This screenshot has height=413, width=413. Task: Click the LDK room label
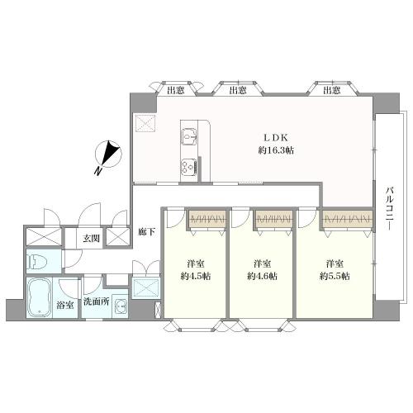[276, 137]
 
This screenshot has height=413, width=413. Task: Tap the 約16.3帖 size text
[276, 151]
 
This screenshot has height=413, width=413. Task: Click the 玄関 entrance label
[91, 239]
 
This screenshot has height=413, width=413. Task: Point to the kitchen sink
[188, 135]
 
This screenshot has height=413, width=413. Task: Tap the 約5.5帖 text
[333, 276]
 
